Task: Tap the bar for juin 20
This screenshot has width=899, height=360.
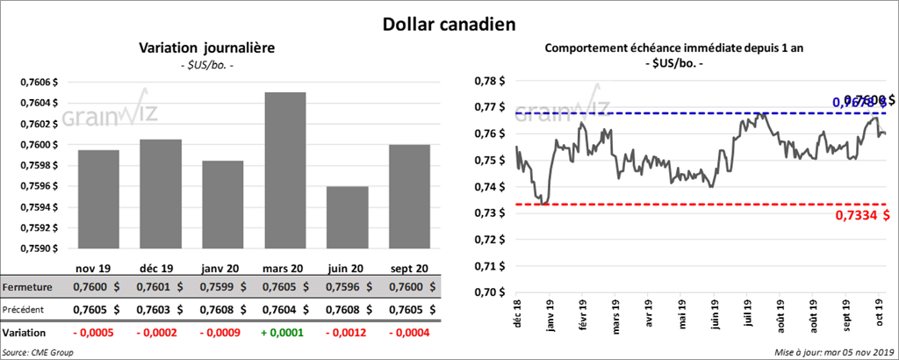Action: coord(347,220)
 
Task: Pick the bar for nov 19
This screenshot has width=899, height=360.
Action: coord(98,201)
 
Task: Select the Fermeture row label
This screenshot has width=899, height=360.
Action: coord(27,287)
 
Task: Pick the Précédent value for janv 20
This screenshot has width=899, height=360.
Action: coord(217,309)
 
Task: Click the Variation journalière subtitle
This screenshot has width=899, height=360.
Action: coord(207,48)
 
